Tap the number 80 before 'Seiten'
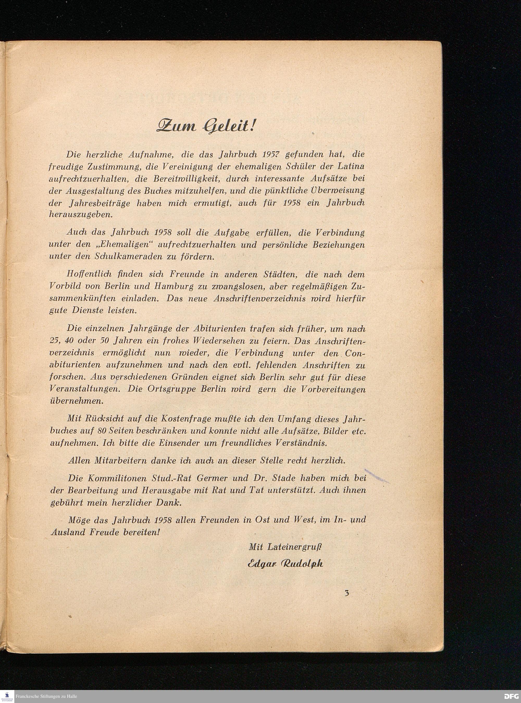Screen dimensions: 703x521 pyautogui.click(x=103, y=431)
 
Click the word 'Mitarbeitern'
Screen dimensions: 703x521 pyautogui.click(x=120, y=461)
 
